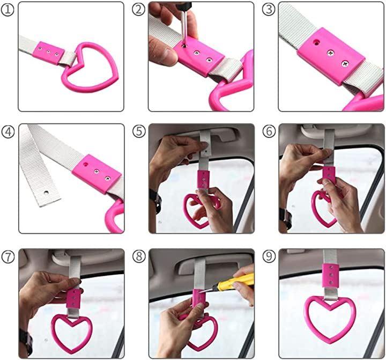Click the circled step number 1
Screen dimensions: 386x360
[8, 10]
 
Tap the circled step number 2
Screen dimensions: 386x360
[139, 10]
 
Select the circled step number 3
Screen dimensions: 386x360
[269, 10]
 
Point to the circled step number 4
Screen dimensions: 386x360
[8, 132]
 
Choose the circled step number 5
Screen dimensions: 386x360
[139, 131]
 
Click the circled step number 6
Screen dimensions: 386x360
[269, 131]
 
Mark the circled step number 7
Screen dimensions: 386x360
[8, 256]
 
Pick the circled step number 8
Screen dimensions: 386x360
[139, 256]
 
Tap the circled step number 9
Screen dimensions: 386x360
[269, 256]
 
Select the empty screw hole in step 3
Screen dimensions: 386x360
[315, 43]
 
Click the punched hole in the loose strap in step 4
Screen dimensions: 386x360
[46, 192]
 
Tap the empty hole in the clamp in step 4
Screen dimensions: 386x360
[86, 164]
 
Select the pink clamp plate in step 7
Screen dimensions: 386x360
[73, 298]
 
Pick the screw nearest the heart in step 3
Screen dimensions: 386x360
[345, 64]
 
